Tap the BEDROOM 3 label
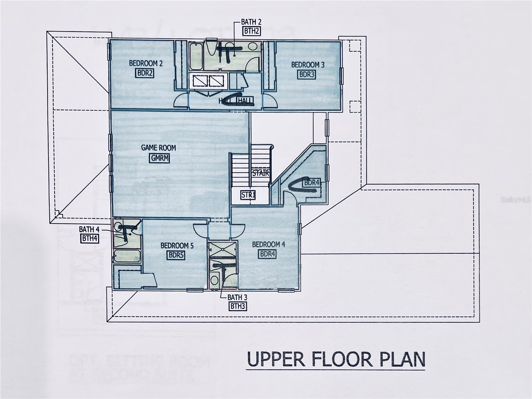pyautogui.click(x=308, y=65)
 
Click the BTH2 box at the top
pyautogui.click(x=251, y=31)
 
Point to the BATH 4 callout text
pyautogui.click(x=89, y=229)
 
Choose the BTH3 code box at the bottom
pyautogui.click(x=238, y=306)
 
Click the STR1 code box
pyautogui.click(x=248, y=195)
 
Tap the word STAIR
pyautogui.click(x=260, y=173)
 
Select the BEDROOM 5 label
pyautogui.click(x=177, y=246)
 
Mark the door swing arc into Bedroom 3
pyautogui.click(x=270, y=101)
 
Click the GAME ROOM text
pyautogui.click(x=159, y=148)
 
